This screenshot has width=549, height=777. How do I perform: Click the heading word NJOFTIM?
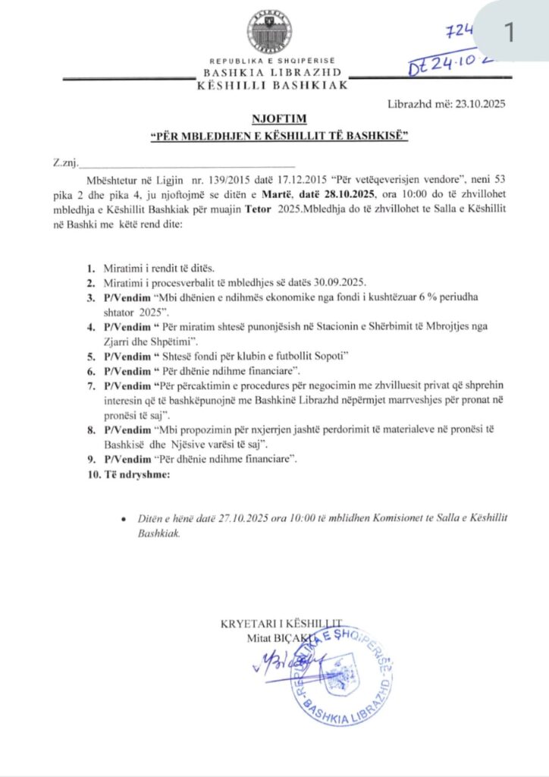(x=274, y=120)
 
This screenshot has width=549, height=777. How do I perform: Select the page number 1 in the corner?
(x=509, y=32)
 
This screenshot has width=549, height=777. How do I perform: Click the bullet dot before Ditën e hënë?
(x=124, y=520)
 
